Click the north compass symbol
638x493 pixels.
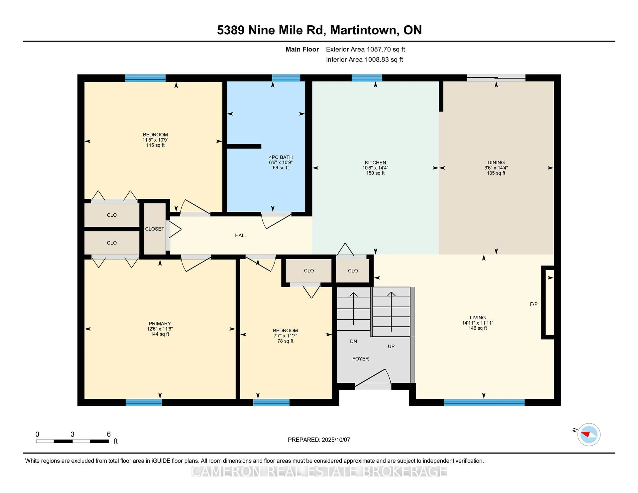(x=589, y=434)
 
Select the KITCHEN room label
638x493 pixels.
(x=375, y=163)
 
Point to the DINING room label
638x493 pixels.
(x=496, y=163)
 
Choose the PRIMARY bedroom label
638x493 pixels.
(x=160, y=324)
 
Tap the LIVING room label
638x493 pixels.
(x=478, y=317)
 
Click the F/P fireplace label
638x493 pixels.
(x=534, y=304)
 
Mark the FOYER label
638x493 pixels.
(x=361, y=359)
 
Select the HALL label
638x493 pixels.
(x=241, y=235)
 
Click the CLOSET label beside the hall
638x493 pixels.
(x=155, y=229)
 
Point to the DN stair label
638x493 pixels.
(x=353, y=341)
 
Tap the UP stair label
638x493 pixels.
(x=391, y=346)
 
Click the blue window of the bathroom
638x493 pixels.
(x=286, y=78)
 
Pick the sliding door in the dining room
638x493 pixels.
(x=496, y=78)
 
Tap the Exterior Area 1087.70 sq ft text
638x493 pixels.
(x=366, y=49)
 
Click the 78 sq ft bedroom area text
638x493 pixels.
(x=285, y=341)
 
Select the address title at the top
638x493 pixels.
(x=319, y=30)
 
